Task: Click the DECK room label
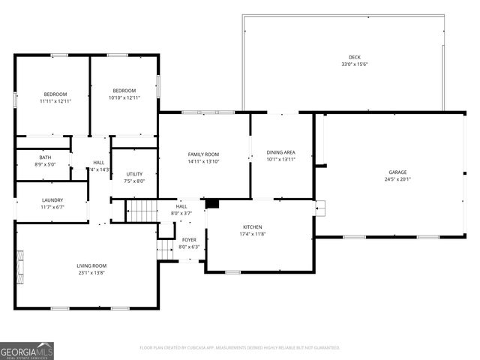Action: tap(354, 58)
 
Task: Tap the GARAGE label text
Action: tap(397, 172)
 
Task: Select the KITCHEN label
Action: tap(252, 226)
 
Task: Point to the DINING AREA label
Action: tap(281, 152)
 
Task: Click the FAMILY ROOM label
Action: tap(202, 154)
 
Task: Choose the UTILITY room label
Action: tap(134, 174)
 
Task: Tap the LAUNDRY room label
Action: tap(52, 200)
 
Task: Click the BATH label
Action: tap(46, 157)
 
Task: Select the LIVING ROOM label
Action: tap(91, 265)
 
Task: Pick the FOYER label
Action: tap(189, 240)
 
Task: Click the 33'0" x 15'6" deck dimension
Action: tap(354, 64)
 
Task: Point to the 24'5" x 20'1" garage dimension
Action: tap(397, 179)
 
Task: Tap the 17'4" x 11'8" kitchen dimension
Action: tap(252, 233)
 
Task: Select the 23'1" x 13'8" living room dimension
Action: tap(91, 272)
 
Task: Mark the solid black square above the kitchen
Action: tap(211, 203)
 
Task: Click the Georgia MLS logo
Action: tap(27, 350)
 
